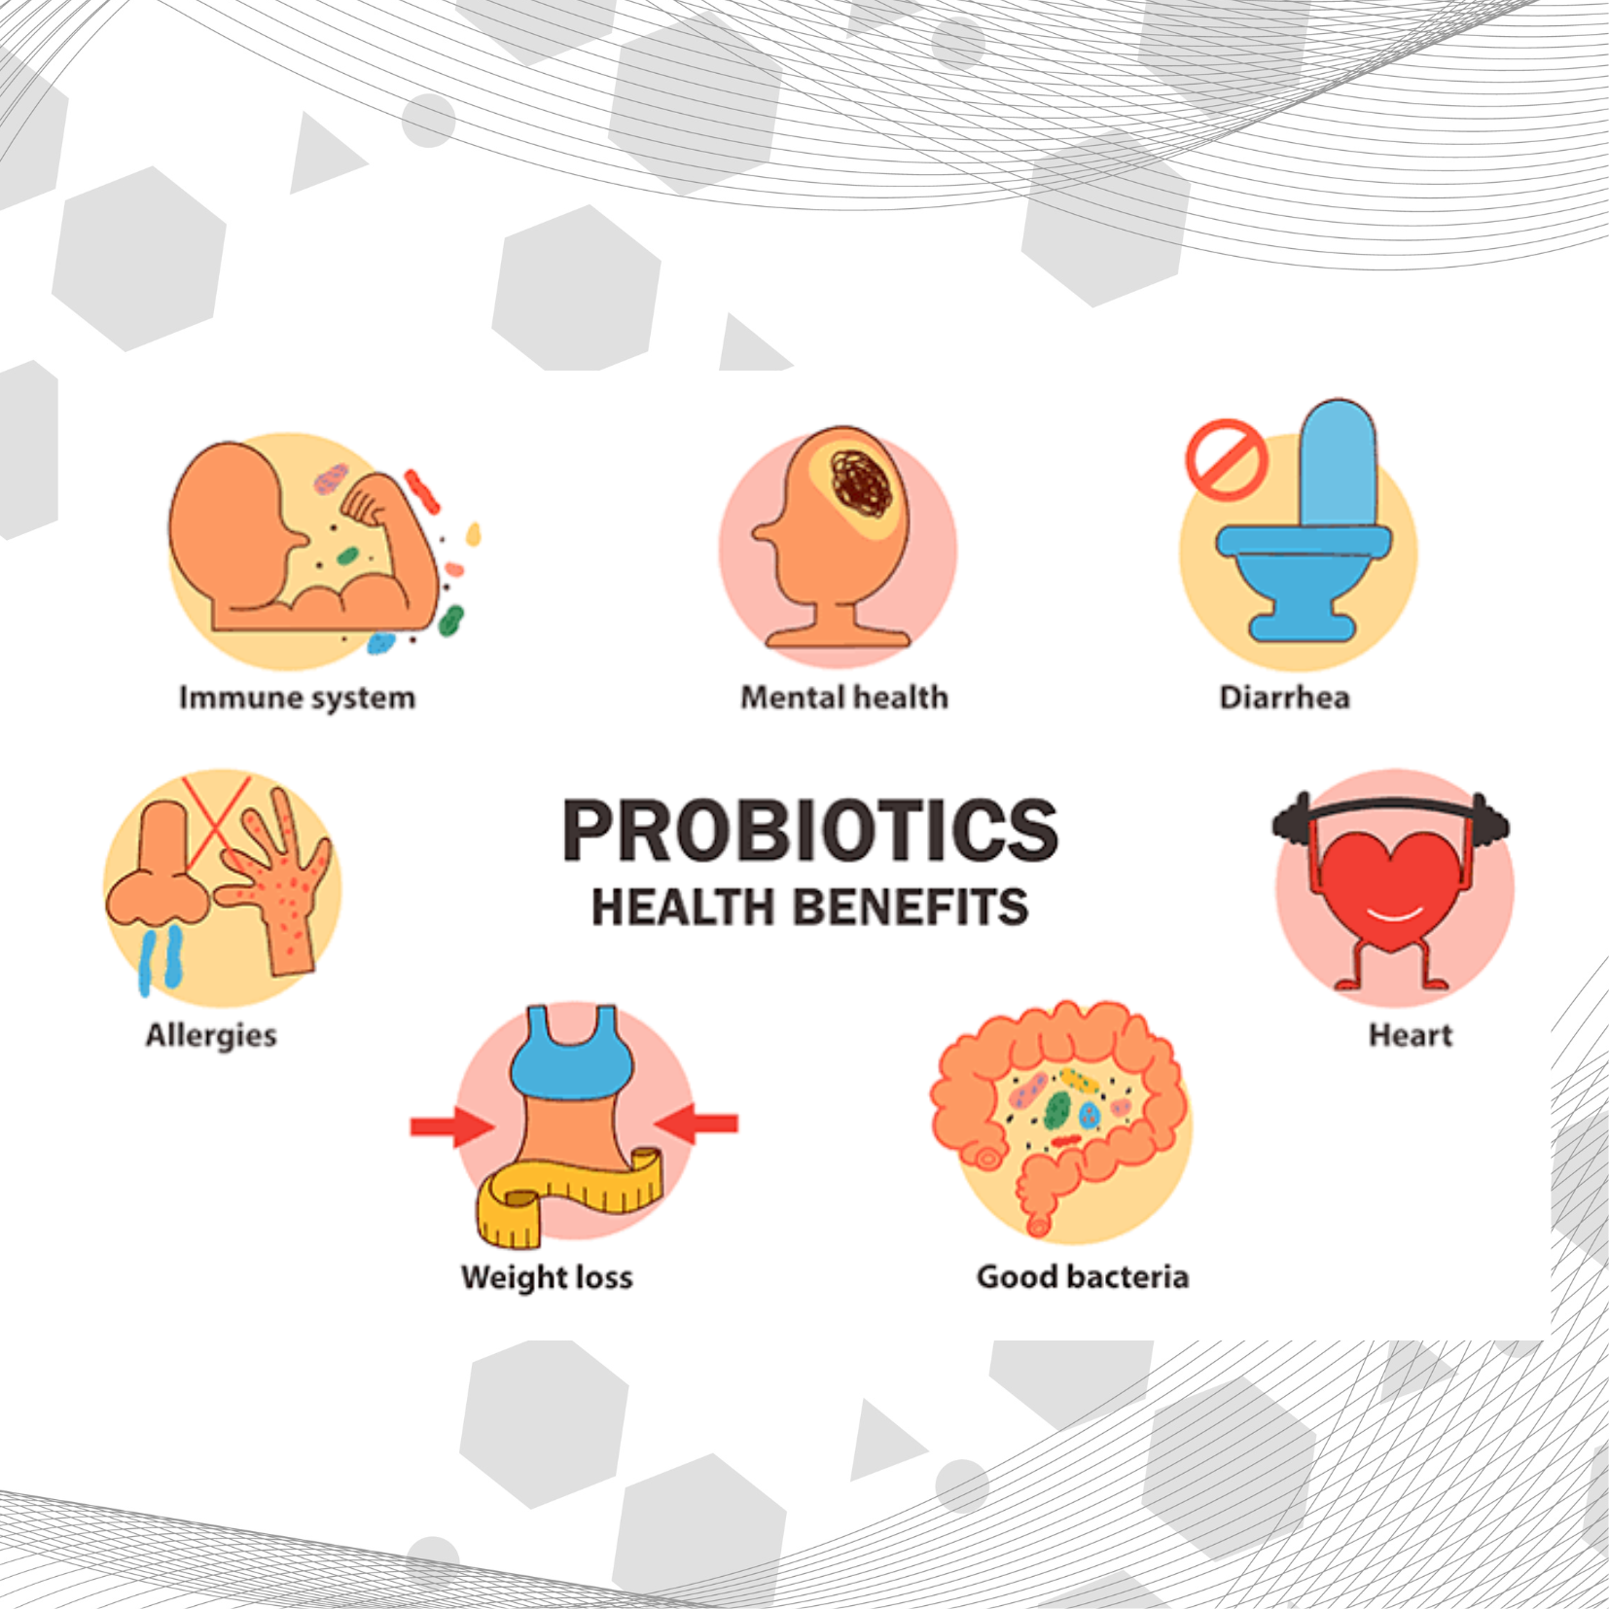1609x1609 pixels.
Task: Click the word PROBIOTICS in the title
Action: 810,831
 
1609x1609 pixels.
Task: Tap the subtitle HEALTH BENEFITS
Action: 810,908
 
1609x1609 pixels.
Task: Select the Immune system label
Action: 297,698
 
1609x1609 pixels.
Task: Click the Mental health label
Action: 844,697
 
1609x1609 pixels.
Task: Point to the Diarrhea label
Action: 1284,697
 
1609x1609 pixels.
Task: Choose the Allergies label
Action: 211,1035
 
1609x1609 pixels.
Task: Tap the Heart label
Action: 1410,1034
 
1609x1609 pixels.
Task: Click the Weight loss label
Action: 547,1277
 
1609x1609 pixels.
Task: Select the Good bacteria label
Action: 1083,1276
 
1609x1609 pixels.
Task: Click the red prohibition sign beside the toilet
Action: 1226,458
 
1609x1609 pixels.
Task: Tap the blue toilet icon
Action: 1305,520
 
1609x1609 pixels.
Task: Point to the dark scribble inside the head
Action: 862,483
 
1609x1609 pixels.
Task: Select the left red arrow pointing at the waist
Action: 452,1126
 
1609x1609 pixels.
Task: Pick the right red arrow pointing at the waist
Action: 697,1124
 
